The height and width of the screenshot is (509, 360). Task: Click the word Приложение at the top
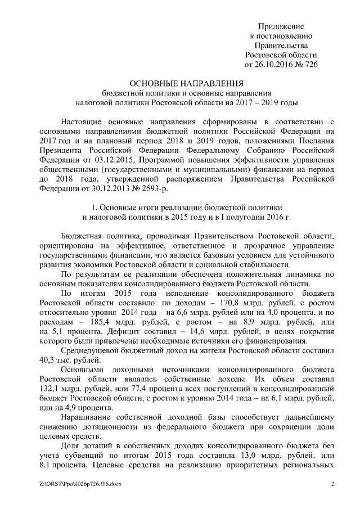click(281, 26)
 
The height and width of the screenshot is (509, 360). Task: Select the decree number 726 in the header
click(310, 65)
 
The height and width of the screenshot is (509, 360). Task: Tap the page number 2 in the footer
click(332, 484)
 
